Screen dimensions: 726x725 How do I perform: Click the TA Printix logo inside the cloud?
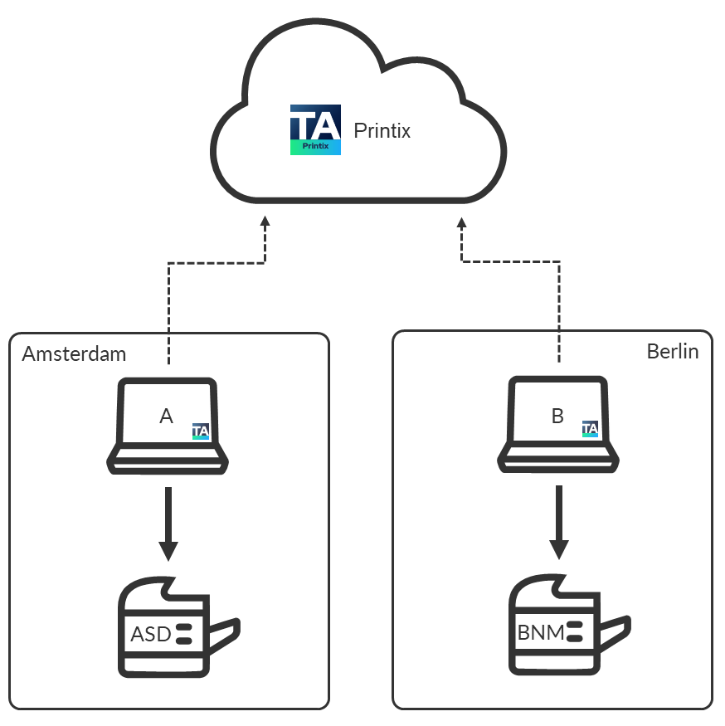[x=315, y=129]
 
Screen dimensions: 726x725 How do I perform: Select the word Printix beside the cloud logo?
[x=382, y=130]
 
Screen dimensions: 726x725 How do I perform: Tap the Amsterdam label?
[x=74, y=354]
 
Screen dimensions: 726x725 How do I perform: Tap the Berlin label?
[x=672, y=352]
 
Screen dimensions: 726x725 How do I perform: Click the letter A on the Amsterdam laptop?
[x=166, y=417]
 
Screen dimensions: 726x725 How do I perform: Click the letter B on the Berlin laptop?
[x=557, y=417]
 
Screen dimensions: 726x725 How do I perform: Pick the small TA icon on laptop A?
[x=201, y=431]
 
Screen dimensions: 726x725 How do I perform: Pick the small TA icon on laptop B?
[x=591, y=429]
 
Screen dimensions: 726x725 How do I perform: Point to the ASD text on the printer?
[x=150, y=635]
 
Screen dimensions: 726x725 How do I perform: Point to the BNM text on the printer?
[x=541, y=633]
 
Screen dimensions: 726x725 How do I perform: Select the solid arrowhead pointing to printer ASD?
[x=168, y=550]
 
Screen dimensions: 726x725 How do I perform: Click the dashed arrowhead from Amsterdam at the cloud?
[x=265, y=222]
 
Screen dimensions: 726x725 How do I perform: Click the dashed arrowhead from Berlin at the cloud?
[x=462, y=222]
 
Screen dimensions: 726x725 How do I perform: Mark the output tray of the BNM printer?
[x=614, y=632]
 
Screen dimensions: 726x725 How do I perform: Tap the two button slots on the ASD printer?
[x=184, y=634]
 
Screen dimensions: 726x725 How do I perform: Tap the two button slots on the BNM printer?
[x=574, y=633]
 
